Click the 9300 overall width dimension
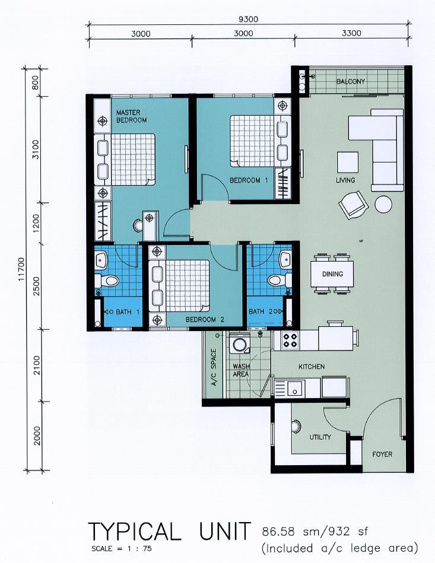coord(248,19)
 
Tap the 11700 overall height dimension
coord(22,269)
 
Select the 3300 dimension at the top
coord(351,33)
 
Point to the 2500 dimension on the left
coord(36,286)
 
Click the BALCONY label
coord(351,81)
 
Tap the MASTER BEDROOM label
coord(131,116)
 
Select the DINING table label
coord(332,274)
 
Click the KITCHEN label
coord(312,367)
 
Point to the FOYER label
coord(382,454)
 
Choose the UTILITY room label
coord(320,437)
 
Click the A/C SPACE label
coord(214,367)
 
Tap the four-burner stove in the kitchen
coord(290,341)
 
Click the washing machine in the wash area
coord(240,344)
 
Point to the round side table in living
coord(383,204)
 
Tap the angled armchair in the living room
coord(354,205)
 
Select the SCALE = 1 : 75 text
coord(122,549)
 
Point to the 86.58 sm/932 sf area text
coord(315,531)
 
